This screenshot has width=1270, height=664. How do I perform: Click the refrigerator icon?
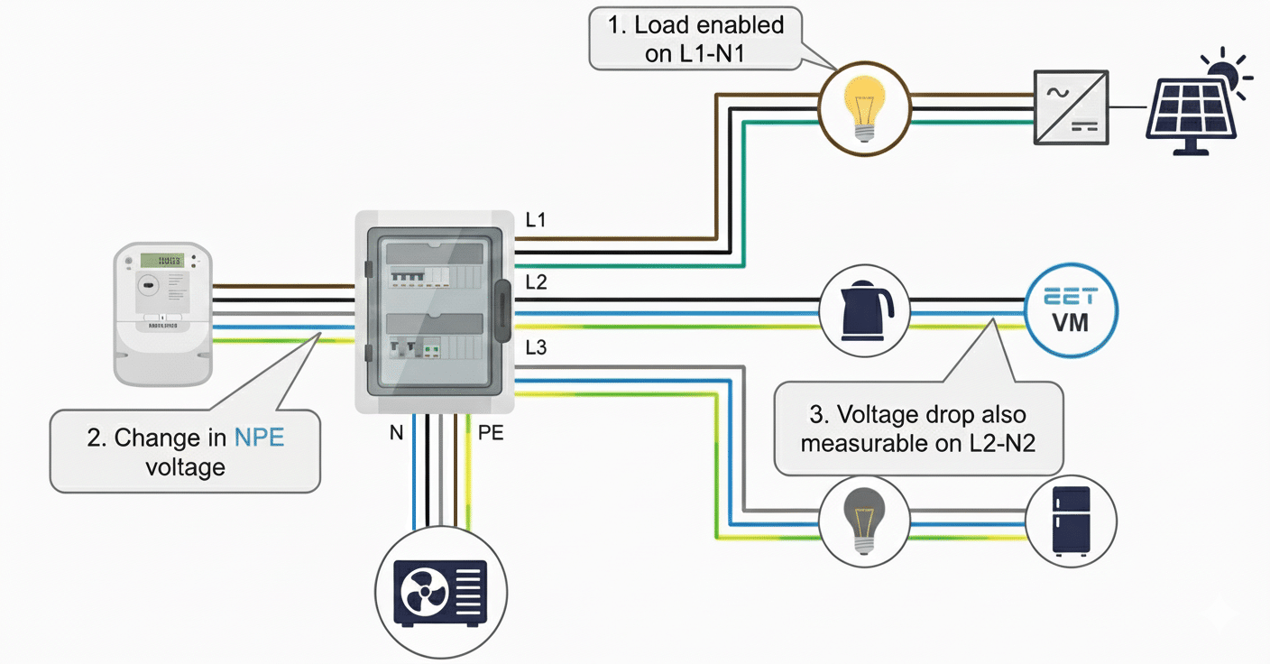(1072, 521)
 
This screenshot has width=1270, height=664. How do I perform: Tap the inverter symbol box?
(1071, 106)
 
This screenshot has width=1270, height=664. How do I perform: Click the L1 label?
(536, 219)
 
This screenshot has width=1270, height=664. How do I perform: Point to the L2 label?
(536, 282)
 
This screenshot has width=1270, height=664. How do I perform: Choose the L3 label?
(536, 347)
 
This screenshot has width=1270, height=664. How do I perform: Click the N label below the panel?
(396, 433)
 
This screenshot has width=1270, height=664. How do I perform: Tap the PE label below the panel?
(491, 433)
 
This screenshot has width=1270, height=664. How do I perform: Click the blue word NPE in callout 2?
(259, 438)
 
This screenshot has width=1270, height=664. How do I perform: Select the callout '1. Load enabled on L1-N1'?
(695, 38)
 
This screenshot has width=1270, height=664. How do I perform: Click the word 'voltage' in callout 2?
(185, 466)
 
